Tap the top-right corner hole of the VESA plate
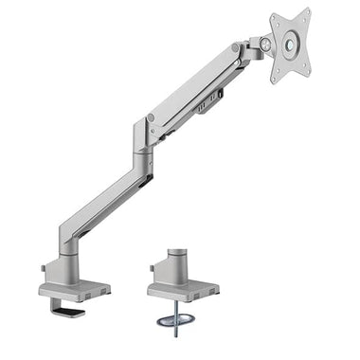pos(304,14)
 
